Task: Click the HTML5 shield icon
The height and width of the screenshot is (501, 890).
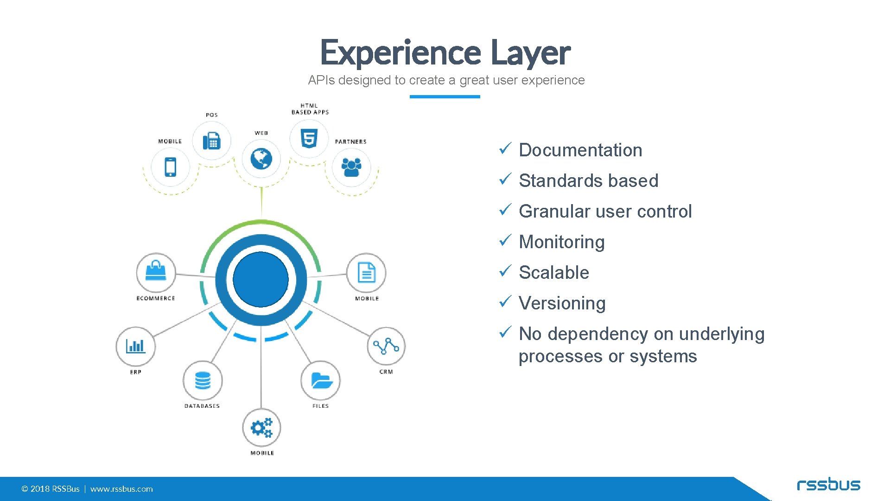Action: pos(309,138)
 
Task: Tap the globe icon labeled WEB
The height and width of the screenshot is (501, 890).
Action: pos(261,159)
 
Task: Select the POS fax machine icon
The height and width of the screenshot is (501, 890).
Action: pos(211,141)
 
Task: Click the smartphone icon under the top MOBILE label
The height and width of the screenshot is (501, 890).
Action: pos(171,167)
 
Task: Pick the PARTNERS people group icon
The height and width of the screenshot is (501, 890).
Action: pos(351,167)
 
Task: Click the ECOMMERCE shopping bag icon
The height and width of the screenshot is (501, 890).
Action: pos(156,271)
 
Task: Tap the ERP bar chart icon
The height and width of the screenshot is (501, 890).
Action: pos(135,346)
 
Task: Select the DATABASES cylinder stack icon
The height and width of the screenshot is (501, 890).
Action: pos(203,380)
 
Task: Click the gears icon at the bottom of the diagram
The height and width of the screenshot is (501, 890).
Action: pos(261,428)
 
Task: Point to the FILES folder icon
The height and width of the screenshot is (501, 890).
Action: pos(321,380)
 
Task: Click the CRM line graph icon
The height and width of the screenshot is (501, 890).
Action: pos(386,346)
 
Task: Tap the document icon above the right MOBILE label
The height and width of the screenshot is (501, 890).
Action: pos(366,273)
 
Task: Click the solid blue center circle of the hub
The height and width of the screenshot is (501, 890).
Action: pos(261,279)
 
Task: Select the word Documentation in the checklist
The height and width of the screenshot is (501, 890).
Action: pos(580,150)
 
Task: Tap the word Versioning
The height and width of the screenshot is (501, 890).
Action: pos(562,303)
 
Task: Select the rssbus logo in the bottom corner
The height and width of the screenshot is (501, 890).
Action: pos(828,485)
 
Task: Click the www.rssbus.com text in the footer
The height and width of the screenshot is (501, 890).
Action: pos(121,489)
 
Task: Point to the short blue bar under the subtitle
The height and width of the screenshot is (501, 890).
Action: pos(445,96)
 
